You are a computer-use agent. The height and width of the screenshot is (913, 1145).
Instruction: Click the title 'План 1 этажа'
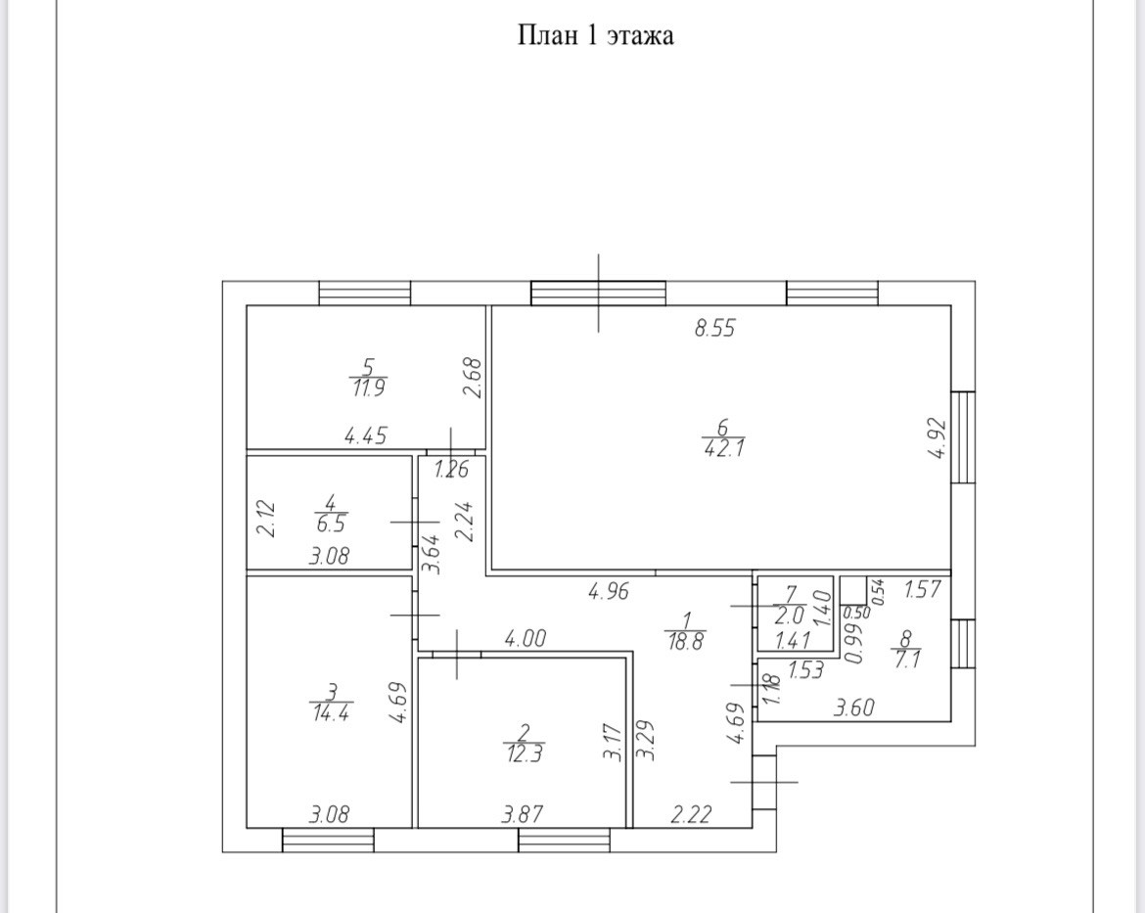pyautogui.click(x=595, y=37)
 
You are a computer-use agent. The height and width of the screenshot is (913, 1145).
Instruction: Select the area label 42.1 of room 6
pyautogui.click(x=723, y=449)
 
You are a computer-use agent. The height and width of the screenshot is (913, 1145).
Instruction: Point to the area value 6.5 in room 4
pyautogui.click(x=329, y=524)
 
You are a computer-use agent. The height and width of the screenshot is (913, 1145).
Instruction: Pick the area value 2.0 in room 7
pyautogui.click(x=789, y=616)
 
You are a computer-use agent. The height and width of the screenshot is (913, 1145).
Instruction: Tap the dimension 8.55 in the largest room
pyautogui.click(x=714, y=330)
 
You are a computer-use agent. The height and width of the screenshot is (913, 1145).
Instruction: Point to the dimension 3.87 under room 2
pyautogui.click(x=522, y=814)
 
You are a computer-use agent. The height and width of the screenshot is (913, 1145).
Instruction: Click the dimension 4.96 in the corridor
pyautogui.click(x=607, y=591)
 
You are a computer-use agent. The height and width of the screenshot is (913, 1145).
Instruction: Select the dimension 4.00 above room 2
pyautogui.click(x=525, y=640)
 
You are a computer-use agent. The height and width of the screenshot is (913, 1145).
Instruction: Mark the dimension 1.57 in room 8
pyautogui.click(x=921, y=589)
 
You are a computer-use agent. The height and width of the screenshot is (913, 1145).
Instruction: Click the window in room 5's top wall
pyautogui.click(x=365, y=294)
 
